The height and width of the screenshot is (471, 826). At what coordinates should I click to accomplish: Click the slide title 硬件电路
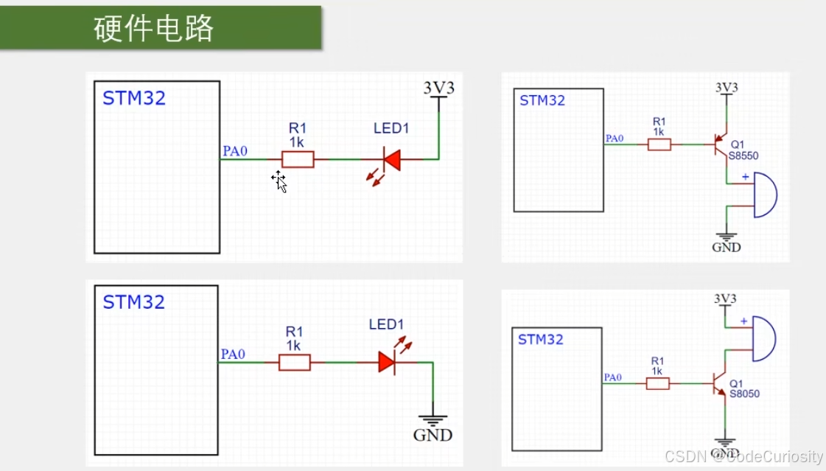tap(154, 29)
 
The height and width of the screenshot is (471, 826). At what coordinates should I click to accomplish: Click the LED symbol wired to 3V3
tap(390, 160)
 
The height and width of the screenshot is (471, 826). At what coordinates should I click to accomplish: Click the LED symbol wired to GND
tap(388, 362)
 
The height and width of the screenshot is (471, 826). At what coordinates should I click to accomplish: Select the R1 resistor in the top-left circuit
tap(298, 159)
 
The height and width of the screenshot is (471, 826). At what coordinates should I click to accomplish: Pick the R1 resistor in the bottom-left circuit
tap(294, 362)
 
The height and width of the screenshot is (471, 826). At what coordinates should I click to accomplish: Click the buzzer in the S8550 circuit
tap(763, 195)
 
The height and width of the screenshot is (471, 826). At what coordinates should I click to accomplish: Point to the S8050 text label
tap(744, 394)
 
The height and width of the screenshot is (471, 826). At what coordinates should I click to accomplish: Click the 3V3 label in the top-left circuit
tap(438, 88)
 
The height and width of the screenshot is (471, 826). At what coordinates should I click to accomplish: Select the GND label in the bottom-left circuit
tap(433, 435)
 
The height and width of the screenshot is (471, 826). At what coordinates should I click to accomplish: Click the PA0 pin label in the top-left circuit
tap(235, 152)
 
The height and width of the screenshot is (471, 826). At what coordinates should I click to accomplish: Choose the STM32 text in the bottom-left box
tap(133, 302)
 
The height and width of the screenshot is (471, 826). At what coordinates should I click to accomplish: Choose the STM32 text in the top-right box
tap(542, 101)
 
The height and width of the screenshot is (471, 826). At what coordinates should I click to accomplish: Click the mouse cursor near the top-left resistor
tap(279, 181)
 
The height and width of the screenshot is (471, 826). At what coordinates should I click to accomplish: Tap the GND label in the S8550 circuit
tap(726, 247)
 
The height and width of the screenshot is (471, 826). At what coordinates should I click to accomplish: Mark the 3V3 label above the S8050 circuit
tap(725, 299)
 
